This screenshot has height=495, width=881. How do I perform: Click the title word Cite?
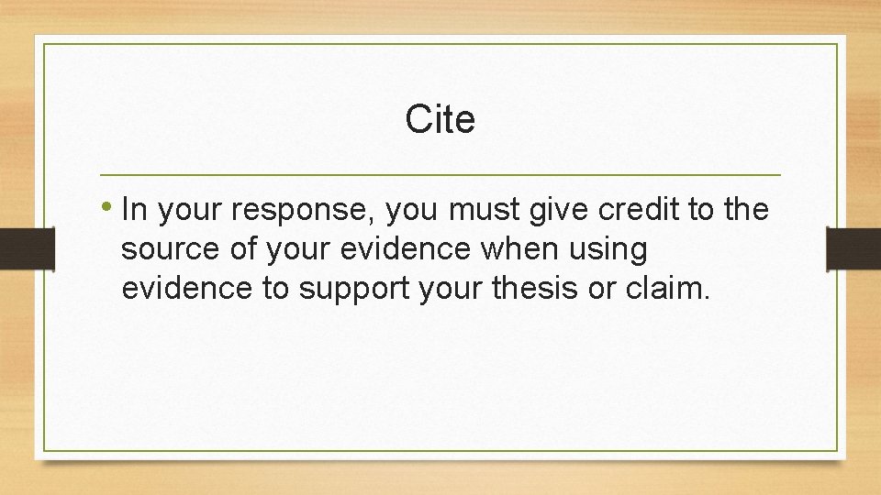[x=440, y=119]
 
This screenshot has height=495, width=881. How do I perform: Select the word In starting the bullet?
[x=134, y=210]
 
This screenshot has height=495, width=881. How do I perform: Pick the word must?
[x=485, y=210]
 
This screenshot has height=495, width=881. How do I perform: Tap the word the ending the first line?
[x=745, y=210]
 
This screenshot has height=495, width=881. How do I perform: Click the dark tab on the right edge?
[x=853, y=248]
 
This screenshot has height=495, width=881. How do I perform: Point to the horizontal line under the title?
[x=440, y=174]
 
